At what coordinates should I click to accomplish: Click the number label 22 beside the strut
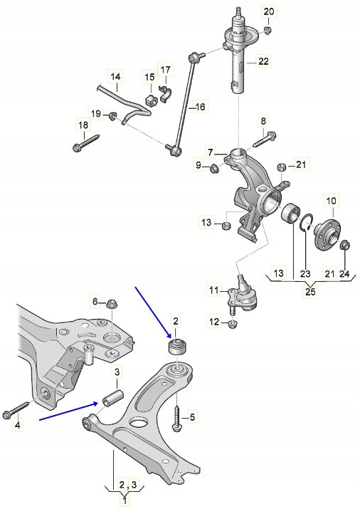pos(263,62)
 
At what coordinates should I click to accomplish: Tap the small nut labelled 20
pos(268,30)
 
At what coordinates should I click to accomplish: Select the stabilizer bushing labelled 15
pos(150,97)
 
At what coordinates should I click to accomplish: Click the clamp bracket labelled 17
pos(164,93)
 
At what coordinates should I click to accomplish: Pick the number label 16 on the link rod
pos(200,107)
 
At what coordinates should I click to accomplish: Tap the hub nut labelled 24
pos(345,246)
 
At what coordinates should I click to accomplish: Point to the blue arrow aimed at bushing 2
pos(154,310)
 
